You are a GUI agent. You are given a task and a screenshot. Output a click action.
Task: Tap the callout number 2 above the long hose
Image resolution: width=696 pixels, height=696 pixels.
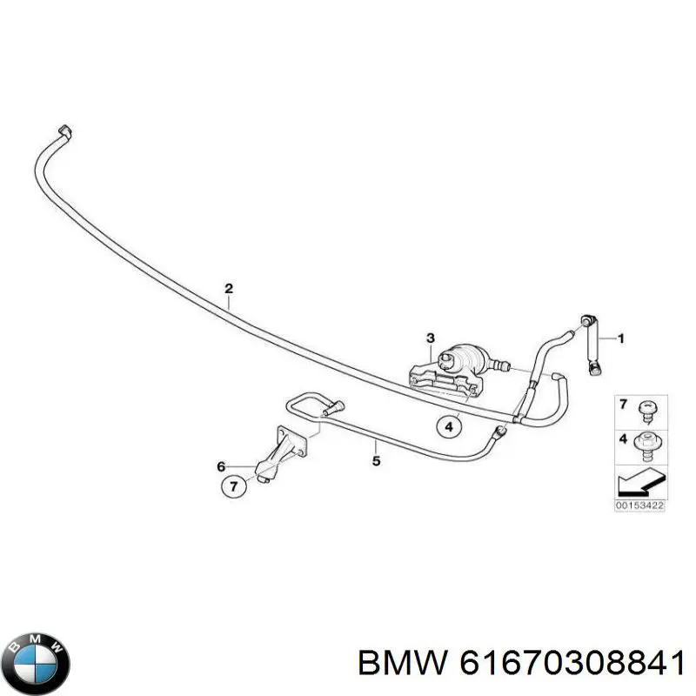[x=229, y=289]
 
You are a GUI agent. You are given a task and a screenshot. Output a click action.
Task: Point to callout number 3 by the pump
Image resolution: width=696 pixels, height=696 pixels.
[x=431, y=338]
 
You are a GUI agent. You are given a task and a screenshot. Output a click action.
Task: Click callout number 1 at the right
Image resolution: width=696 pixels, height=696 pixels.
[x=621, y=338]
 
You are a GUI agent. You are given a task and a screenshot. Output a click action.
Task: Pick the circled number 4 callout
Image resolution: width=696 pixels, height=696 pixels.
[x=449, y=427]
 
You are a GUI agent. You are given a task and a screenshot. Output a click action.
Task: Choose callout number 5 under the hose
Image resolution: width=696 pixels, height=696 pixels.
[x=376, y=461]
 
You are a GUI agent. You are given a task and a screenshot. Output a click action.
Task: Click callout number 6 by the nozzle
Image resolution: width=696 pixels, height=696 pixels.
[x=221, y=466]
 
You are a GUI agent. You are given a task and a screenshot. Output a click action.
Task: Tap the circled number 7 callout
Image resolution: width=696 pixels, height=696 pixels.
[x=234, y=486]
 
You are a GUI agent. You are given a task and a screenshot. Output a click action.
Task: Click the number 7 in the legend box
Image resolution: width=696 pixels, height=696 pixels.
[x=623, y=405]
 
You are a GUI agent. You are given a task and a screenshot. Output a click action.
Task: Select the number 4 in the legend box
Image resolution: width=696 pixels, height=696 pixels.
[x=624, y=439]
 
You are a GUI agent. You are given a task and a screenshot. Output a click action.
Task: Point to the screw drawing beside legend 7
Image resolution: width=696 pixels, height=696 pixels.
[x=647, y=411]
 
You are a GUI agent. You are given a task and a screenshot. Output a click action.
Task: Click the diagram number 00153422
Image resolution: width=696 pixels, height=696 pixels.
[x=639, y=505]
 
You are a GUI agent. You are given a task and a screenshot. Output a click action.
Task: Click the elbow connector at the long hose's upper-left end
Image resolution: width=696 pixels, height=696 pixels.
[x=65, y=132]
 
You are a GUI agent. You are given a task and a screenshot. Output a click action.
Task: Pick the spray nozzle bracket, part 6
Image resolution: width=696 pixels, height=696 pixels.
[x=281, y=453]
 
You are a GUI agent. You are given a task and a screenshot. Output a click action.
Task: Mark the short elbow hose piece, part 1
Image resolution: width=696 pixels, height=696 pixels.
[x=592, y=345]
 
